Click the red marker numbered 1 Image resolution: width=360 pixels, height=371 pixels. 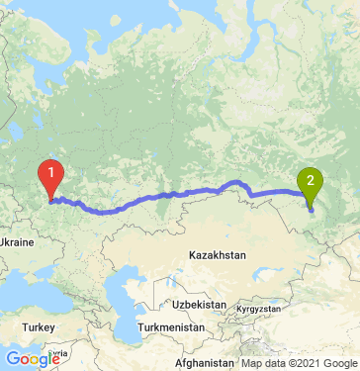click(x=50, y=176)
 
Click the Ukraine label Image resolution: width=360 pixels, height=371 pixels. click(x=18, y=241)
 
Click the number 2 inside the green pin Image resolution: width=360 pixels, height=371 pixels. click(x=311, y=180)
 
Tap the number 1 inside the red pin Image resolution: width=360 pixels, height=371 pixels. click(x=50, y=171)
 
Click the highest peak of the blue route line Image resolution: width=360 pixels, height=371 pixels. click(x=237, y=181)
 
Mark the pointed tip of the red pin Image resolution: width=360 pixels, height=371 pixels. click(x=50, y=198)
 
